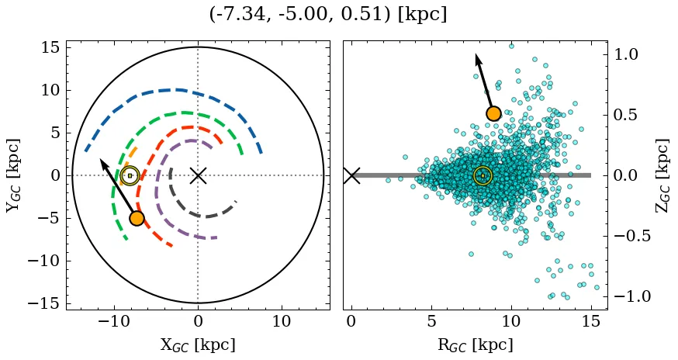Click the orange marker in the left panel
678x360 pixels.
click(137, 218)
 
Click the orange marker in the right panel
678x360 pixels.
click(493, 114)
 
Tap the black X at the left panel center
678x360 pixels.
click(198, 175)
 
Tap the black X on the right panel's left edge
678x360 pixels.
click(351, 175)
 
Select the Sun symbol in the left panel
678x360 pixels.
click(130, 175)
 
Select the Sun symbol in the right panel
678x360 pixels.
click(483, 175)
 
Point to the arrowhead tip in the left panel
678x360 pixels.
click(100, 159)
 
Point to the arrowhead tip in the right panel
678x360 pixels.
click(476, 54)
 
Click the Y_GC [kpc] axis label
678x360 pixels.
click(13, 175)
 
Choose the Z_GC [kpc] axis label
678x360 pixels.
click(662, 175)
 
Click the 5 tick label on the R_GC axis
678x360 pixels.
click(431, 321)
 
